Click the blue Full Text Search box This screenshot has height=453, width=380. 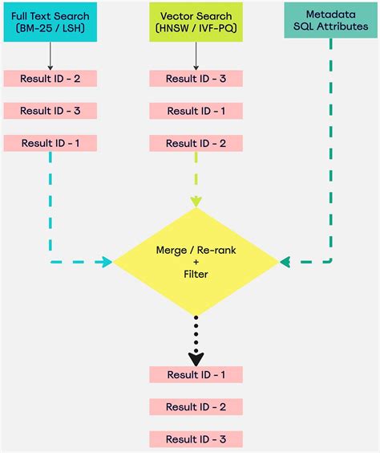(50, 22)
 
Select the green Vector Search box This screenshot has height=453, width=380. (196, 22)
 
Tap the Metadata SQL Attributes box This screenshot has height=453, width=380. (331, 22)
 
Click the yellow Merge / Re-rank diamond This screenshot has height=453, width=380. (196, 260)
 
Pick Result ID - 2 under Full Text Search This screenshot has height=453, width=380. (50, 79)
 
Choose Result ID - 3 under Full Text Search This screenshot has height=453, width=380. (50, 111)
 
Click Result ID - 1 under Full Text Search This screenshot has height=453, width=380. (50, 144)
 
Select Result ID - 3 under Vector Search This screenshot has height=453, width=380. (196, 79)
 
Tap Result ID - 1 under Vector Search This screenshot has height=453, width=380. (196, 111)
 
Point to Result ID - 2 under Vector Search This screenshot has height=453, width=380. (196, 144)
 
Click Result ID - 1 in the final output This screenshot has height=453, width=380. (196, 374)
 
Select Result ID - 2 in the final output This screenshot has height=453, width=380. (196, 407)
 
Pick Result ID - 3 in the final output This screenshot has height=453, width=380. (196, 439)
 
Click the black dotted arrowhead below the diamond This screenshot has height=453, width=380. (196, 357)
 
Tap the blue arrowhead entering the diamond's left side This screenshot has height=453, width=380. (106, 262)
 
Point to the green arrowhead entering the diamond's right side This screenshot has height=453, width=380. (286, 262)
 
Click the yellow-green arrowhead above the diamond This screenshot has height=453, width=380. (196, 202)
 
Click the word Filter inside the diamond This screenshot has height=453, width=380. (196, 274)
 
